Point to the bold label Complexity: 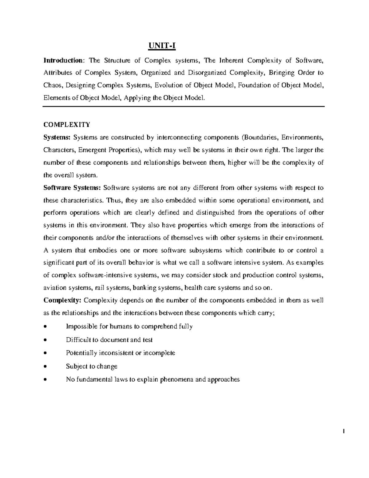62,300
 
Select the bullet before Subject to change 46,367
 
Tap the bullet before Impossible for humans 46,327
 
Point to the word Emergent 91,150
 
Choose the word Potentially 81,353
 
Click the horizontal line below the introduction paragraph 184,106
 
